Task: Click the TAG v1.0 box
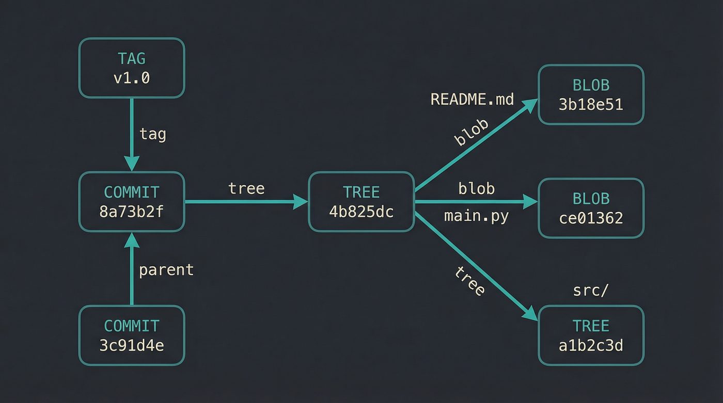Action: coord(132,68)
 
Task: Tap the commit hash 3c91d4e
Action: coord(132,345)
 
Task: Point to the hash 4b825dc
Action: coord(361,212)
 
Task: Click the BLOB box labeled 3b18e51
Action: coord(591,94)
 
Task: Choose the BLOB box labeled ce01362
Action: coord(591,208)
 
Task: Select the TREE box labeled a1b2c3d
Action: coord(591,335)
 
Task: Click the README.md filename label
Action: coord(472,99)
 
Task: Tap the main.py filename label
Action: coord(476,216)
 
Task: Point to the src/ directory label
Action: coord(591,291)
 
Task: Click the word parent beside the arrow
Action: coord(166,269)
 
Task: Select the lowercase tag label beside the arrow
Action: coord(153,134)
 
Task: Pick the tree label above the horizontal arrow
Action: coord(246,188)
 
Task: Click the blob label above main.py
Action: coord(476,189)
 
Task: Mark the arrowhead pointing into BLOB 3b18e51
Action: coord(531,105)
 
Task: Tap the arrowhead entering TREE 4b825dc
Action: coord(301,202)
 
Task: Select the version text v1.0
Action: coord(132,78)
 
